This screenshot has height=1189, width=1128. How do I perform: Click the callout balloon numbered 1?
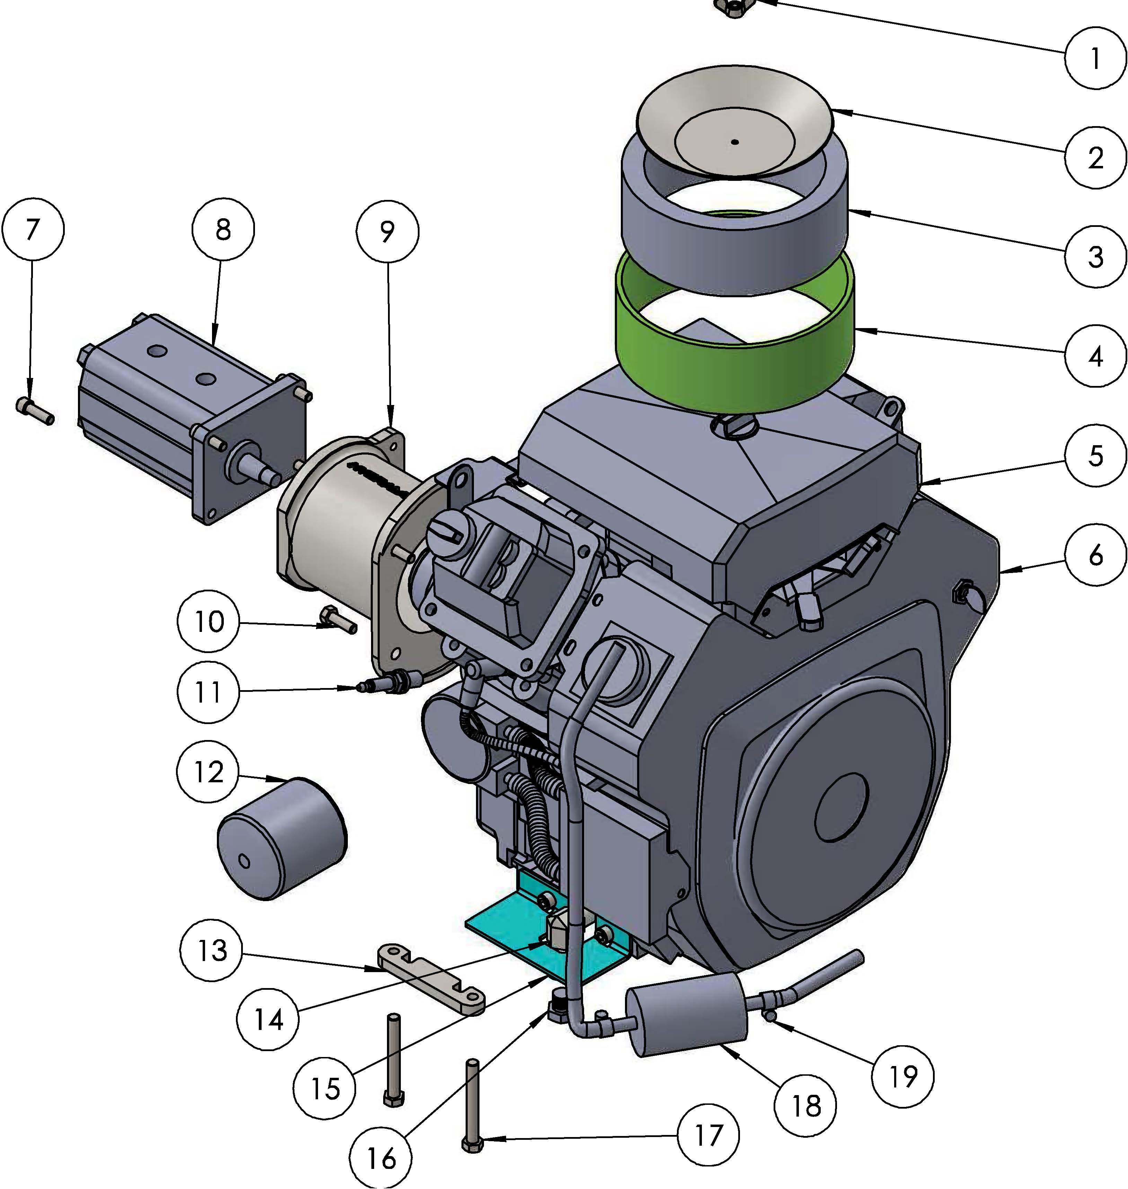pyautogui.click(x=1095, y=58)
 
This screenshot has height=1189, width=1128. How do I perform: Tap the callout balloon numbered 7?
pyautogui.click(x=33, y=230)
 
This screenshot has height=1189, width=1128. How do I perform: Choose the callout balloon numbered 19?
pyautogui.click(x=902, y=1076)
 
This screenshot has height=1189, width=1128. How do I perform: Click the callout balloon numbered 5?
pyautogui.click(x=1095, y=456)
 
